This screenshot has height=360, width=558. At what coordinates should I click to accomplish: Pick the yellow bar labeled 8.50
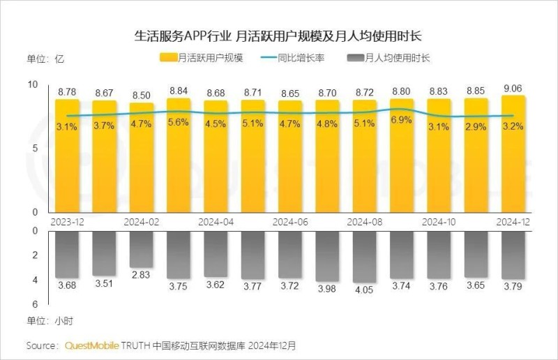tap(142, 157)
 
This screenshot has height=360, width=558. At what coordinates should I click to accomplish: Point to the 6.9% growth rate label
tap(401, 121)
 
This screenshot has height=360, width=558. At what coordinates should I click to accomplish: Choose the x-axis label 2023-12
tap(68, 222)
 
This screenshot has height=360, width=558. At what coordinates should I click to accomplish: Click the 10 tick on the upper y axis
tap(32, 84)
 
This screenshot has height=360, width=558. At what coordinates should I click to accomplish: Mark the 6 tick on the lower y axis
tap(34, 305)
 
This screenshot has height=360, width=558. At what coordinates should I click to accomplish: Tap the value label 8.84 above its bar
tap(179, 91)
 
